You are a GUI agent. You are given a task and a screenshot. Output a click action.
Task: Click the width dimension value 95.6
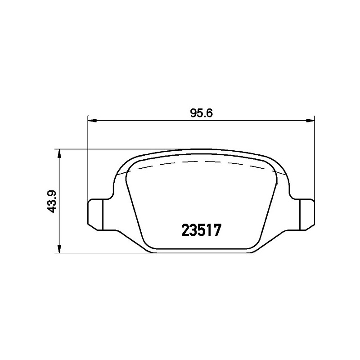click(201, 113)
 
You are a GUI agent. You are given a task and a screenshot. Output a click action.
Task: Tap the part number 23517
click(201, 230)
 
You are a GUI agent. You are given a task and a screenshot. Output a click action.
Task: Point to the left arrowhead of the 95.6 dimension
click(92, 120)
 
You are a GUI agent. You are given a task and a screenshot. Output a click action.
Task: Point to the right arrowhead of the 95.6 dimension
click(310, 120)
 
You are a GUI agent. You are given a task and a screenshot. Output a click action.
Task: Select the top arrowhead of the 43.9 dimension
click(59, 153)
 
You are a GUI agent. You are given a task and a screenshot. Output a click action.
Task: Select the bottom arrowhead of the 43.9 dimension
click(59, 249)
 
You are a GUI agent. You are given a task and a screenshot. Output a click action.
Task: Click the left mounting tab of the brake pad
click(96, 215)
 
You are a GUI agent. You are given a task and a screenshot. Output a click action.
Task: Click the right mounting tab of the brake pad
click(307, 215)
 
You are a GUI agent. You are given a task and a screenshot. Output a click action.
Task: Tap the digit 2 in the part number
click(185, 230)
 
